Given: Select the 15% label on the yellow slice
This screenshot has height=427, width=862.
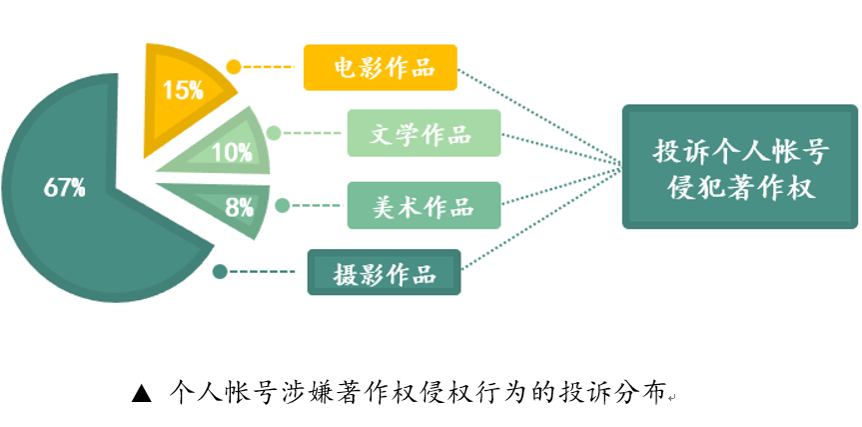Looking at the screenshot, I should pyautogui.click(x=183, y=90).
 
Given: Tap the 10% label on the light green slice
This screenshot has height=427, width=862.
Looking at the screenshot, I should pyautogui.click(x=231, y=154).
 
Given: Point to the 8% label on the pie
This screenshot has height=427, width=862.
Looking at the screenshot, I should pyautogui.click(x=239, y=208).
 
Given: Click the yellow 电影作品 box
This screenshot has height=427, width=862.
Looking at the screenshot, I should pyautogui.click(x=380, y=68).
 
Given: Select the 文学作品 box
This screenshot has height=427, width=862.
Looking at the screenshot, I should pyautogui.click(x=424, y=133).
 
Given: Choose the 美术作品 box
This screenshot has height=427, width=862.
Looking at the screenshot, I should pyautogui.click(x=424, y=207).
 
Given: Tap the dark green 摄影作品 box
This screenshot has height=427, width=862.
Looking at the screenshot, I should pyautogui.click(x=384, y=273).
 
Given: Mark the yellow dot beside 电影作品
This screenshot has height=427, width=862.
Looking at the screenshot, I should pyautogui.click(x=233, y=68).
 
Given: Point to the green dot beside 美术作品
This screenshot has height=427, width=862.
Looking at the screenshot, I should pyautogui.click(x=283, y=206).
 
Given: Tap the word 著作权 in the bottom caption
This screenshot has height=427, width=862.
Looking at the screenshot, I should pyautogui.click(x=376, y=392).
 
